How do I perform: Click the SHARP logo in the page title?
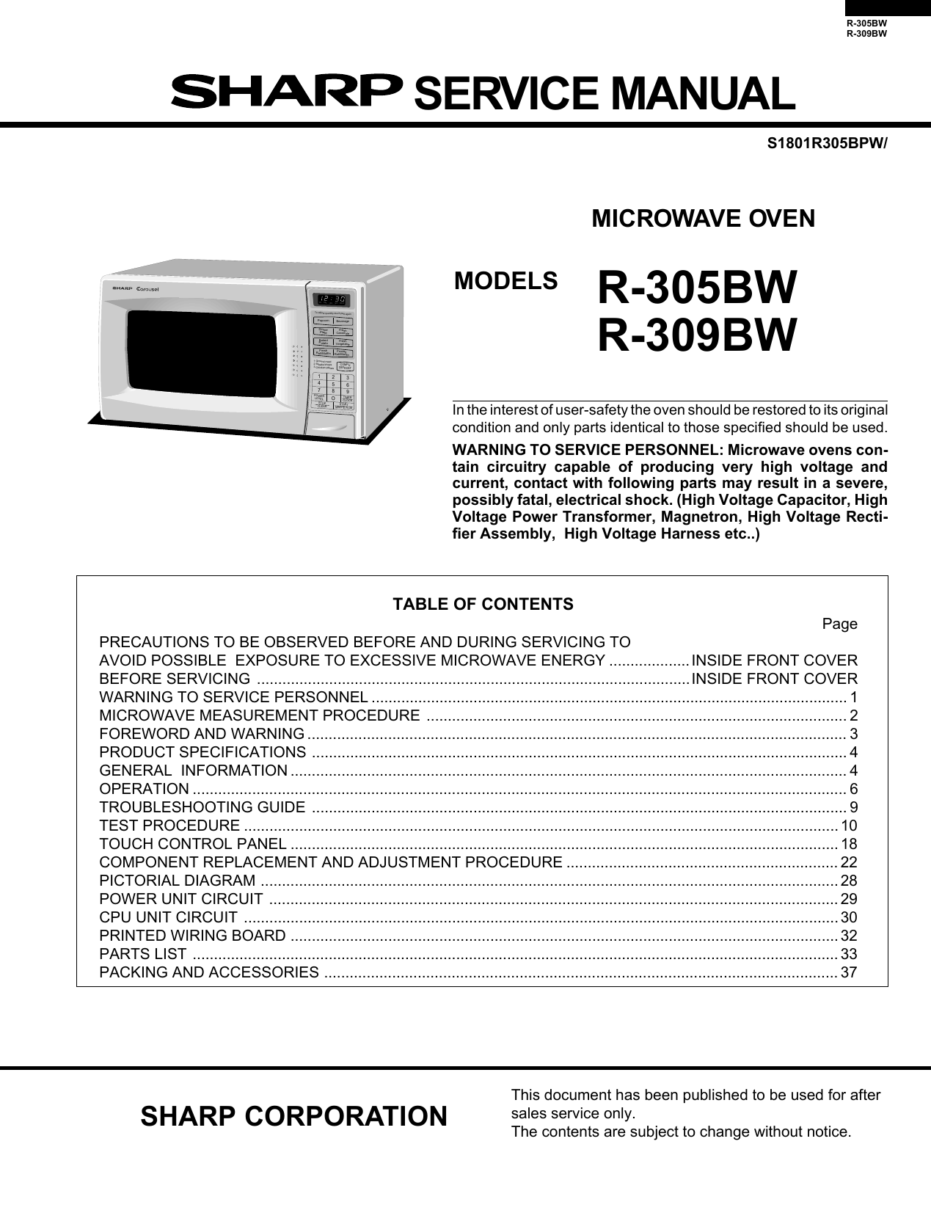coord(286,92)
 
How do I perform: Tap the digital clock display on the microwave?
coord(331,299)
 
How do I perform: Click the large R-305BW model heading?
coord(696,288)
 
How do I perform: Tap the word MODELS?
coord(505,281)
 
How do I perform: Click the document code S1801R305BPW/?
coord(827,144)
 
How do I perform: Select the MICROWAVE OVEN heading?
coord(703,219)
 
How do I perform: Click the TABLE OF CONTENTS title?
coord(483,604)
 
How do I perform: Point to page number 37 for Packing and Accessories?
coord(849,972)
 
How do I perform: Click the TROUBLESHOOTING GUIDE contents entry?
coord(202,807)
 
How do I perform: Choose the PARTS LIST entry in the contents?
coord(143,954)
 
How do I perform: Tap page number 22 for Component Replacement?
coord(849,862)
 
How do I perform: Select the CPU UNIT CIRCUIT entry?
coord(169,917)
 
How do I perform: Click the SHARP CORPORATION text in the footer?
coord(293,1116)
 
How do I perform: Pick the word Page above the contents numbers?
coord(839,624)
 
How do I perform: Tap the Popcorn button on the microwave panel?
coord(323,321)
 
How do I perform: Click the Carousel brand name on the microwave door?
coord(147,289)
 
